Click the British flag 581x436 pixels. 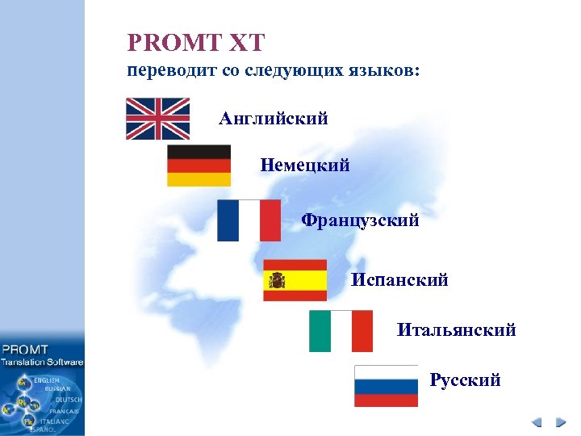pyautogui.click(x=157, y=119)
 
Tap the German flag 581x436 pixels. pyautogui.click(x=199, y=166)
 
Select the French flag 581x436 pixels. pyautogui.click(x=249, y=220)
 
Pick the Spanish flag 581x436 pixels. pyautogui.click(x=295, y=280)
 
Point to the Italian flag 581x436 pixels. pyautogui.click(x=341, y=331)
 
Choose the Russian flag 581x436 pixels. pyautogui.click(x=386, y=386)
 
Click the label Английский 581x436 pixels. pyautogui.click(x=274, y=119)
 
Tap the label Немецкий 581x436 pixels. pyautogui.click(x=305, y=166)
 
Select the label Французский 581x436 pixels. pyautogui.click(x=360, y=220)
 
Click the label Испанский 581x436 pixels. pyautogui.click(x=399, y=280)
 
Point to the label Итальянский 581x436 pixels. pyautogui.click(x=456, y=330)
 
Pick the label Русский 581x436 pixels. pyautogui.click(x=465, y=380)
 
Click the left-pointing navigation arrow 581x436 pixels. pyautogui.click(x=537, y=422)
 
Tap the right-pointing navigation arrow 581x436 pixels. pyautogui.click(x=559, y=422)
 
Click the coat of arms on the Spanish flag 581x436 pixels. pyautogui.click(x=278, y=280)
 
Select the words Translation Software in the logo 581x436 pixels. pyautogui.click(x=42, y=363)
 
